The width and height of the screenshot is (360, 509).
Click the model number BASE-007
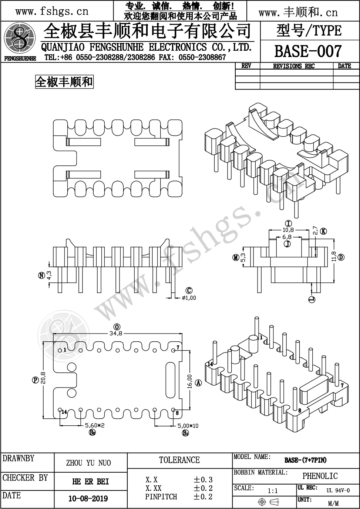[x=307, y=51]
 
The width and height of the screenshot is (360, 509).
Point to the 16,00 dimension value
[x=189, y=381]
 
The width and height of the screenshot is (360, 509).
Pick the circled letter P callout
[x=35, y=380]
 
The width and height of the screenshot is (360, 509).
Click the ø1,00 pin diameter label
[x=189, y=298]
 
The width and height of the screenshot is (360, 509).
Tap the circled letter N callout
[x=41, y=275]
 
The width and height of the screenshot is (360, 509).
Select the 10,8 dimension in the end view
[x=288, y=230]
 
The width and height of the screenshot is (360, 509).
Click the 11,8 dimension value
[x=334, y=256]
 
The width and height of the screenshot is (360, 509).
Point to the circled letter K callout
[x=323, y=231]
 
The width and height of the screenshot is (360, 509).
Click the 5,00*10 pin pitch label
[x=188, y=426]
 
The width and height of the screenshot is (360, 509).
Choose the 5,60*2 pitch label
[x=95, y=425]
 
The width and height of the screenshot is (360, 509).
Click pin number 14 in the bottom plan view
[x=64, y=412]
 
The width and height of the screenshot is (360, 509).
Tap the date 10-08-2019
[x=88, y=498]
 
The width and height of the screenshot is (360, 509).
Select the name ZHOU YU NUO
[x=88, y=463]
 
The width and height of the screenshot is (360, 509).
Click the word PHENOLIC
[x=320, y=476]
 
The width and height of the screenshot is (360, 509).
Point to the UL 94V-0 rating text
[x=338, y=490]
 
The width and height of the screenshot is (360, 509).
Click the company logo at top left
[x=19, y=38]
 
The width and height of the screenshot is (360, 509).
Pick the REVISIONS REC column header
[x=294, y=66]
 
